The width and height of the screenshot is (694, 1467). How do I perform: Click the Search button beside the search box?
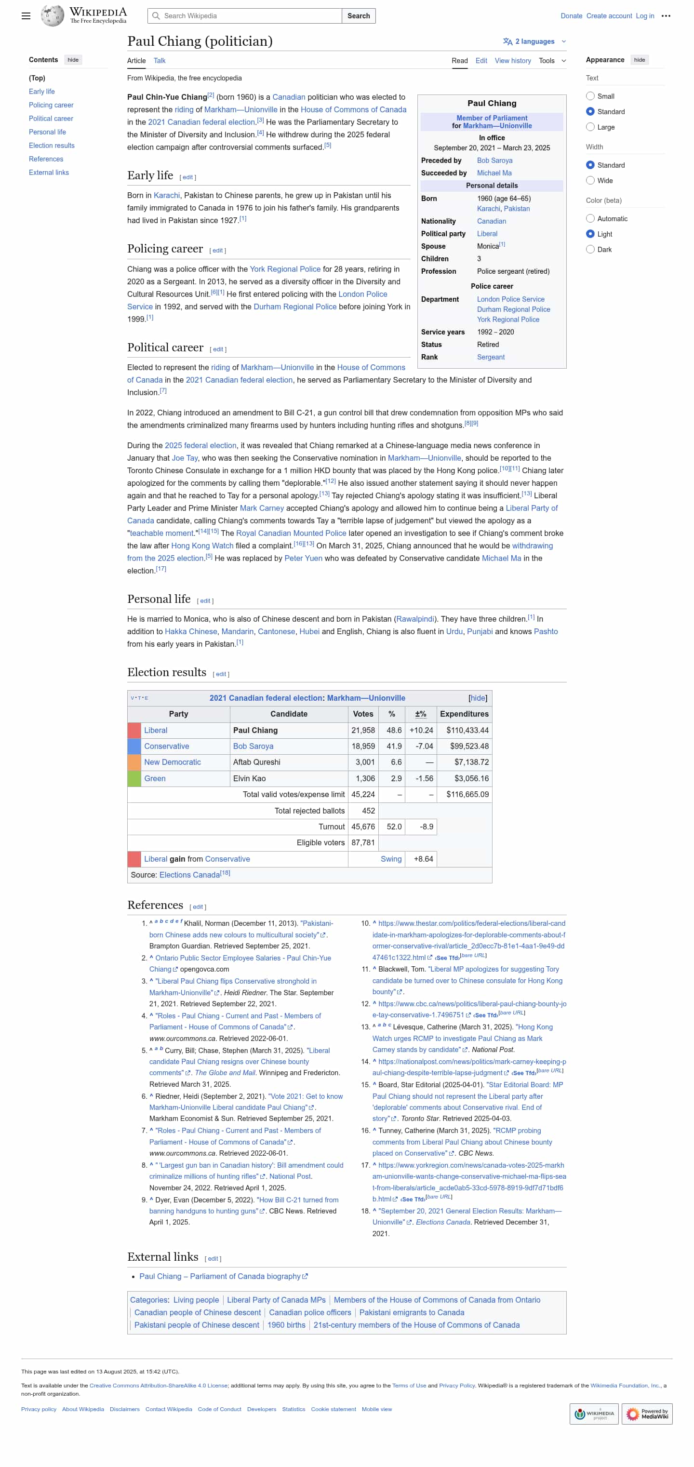[x=358, y=16]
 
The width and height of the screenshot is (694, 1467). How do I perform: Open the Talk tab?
[x=160, y=61]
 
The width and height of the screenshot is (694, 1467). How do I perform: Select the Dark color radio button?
[x=590, y=250]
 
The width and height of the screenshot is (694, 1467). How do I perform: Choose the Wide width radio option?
[x=590, y=181]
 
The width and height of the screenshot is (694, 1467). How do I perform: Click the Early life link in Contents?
[x=41, y=92]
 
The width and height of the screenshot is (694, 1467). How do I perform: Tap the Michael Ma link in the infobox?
[x=494, y=173]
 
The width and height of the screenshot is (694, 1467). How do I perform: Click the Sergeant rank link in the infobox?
[x=490, y=357]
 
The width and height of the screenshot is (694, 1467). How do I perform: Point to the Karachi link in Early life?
[x=166, y=195]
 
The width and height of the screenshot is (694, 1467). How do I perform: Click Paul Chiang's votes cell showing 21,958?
[x=362, y=730]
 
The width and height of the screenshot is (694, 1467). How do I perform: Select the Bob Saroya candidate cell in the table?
[x=253, y=746]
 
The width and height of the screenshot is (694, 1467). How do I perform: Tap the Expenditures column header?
[x=464, y=714]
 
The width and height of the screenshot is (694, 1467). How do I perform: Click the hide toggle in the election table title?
[x=477, y=698]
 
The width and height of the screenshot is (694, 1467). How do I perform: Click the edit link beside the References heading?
[x=198, y=907]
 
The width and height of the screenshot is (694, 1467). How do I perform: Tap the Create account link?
[x=609, y=16]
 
